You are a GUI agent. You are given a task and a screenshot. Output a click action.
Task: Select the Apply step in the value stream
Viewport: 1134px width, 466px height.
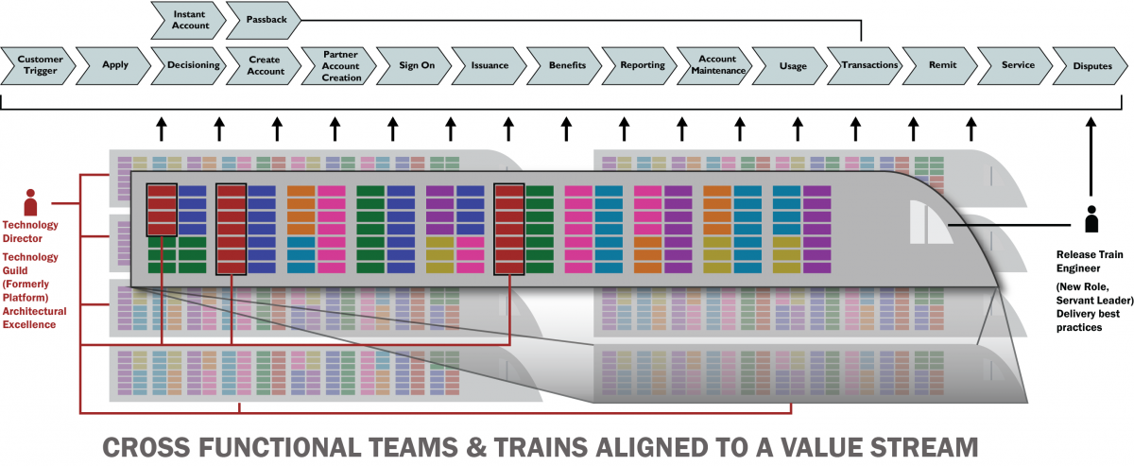tap(114, 65)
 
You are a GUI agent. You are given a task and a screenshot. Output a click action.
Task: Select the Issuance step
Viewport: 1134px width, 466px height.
tap(490, 65)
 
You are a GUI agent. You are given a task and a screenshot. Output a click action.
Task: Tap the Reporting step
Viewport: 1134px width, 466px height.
tap(642, 65)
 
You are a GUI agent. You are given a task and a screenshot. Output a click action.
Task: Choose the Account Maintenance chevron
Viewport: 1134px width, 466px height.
tap(716, 65)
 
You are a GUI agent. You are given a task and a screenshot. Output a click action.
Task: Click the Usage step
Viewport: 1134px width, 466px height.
tap(792, 65)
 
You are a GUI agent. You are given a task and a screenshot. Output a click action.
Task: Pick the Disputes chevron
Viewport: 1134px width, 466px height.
tap(1092, 65)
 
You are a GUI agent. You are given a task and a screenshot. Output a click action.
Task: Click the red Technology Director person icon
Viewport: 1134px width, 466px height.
tap(30, 202)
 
